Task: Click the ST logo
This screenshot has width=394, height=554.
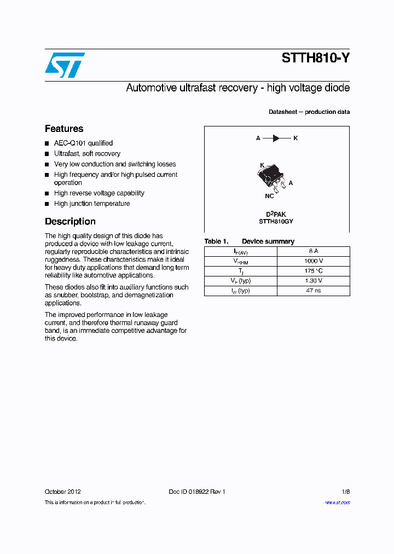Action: [x=65, y=65]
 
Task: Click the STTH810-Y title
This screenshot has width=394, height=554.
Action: [x=315, y=58]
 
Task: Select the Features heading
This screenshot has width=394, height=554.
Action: [x=64, y=129]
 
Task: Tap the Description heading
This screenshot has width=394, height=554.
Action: [x=70, y=222]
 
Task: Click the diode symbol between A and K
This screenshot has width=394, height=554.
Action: [x=277, y=138]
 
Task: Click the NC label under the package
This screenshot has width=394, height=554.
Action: [x=269, y=195]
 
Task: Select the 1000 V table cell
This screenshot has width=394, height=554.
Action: [x=314, y=261]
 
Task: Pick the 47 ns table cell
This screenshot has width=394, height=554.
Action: [x=314, y=291]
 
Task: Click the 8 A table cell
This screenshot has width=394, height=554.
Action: [x=314, y=251]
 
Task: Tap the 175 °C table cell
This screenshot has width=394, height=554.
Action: [x=314, y=271]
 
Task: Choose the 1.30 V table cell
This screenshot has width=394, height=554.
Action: [x=314, y=281]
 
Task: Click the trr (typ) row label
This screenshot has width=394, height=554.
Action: [x=241, y=291]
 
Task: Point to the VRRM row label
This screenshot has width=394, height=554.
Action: [x=241, y=262]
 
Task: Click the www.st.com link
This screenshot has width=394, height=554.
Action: [x=337, y=503]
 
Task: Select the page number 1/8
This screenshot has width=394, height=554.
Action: [x=345, y=492]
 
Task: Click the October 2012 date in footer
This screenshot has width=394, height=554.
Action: [x=63, y=492]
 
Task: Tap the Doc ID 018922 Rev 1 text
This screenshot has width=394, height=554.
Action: [x=197, y=492]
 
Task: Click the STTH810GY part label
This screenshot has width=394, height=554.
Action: [x=276, y=222]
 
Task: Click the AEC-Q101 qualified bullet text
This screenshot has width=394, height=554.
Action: [x=83, y=143]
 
